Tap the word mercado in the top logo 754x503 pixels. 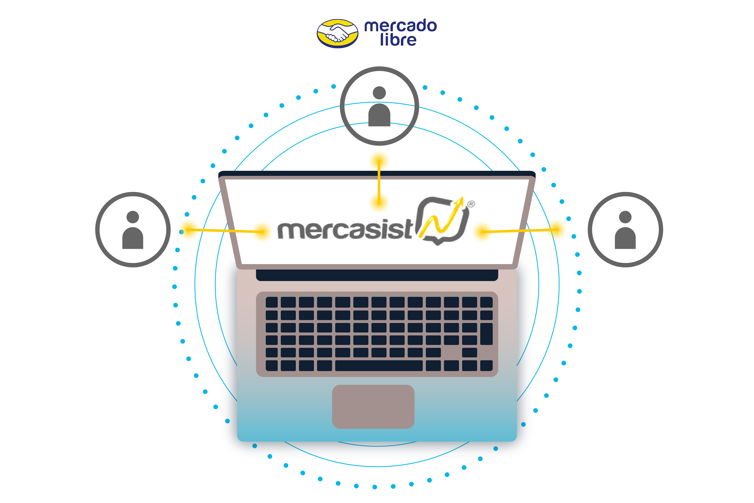pos(400,26)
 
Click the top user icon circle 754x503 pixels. pos(379,106)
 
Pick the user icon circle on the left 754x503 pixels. pos(133,230)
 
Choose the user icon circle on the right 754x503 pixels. pos(625,230)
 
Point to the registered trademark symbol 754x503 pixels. pos(471,204)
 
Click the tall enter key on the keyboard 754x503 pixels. pos(486,334)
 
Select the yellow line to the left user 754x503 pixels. pos(224,230)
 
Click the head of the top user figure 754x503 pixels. pos(379,93)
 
